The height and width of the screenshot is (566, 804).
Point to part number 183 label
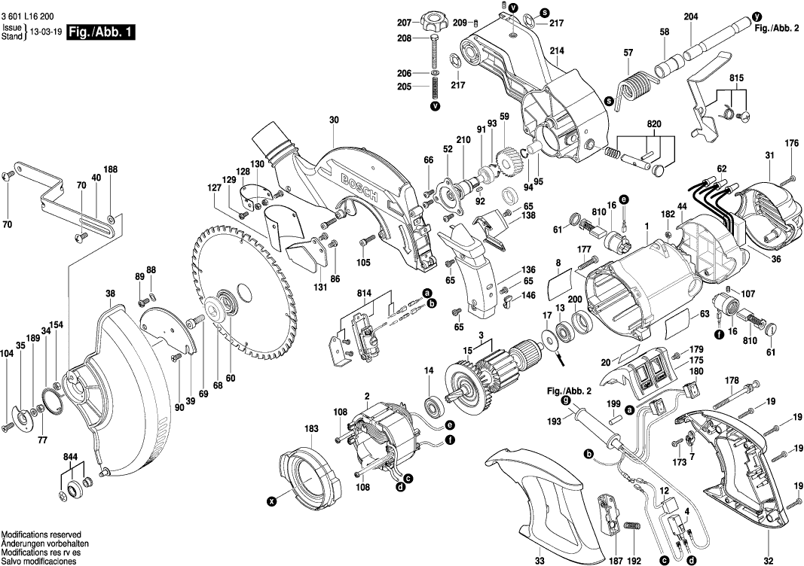click(x=311, y=428)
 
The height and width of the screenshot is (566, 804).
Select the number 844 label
click(x=72, y=457)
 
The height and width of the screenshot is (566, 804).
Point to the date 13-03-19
click(x=46, y=32)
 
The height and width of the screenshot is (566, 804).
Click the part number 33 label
click(x=540, y=560)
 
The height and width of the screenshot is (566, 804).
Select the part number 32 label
click(x=768, y=560)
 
